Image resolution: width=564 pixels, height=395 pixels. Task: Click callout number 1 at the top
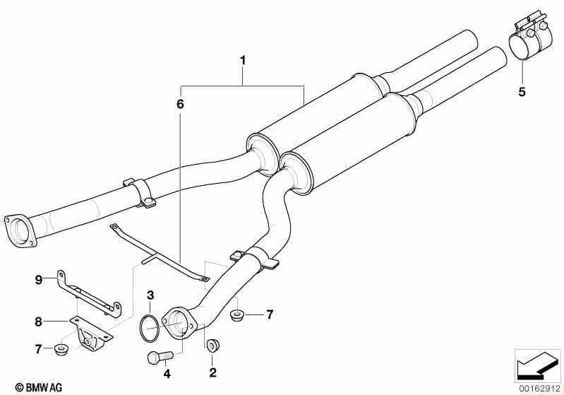[x=243, y=60]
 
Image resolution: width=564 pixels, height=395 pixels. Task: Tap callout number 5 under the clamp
[x=522, y=92]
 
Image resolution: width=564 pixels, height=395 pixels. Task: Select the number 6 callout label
[x=180, y=104]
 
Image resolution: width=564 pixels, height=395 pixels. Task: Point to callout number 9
[x=39, y=279]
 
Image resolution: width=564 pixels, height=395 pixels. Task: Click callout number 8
[x=39, y=322]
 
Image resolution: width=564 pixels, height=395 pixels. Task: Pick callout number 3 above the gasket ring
[x=150, y=295]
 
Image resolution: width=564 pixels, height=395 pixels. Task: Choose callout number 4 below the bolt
[x=167, y=374]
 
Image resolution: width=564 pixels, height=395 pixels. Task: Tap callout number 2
[x=212, y=372]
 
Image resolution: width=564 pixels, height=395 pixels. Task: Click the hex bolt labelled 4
[x=160, y=357]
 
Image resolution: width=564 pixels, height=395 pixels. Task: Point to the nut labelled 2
[x=213, y=346]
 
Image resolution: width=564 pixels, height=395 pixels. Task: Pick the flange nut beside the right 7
[x=236, y=316]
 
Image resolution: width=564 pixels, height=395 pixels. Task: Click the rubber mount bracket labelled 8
[x=90, y=334]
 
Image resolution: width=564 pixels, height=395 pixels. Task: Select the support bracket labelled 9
[x=89, y=294]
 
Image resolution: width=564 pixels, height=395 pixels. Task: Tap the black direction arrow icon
[x=538, y=365]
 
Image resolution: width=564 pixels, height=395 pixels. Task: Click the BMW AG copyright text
[x=39, y=387]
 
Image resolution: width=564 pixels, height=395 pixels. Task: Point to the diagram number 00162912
[x=539, y=388]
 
